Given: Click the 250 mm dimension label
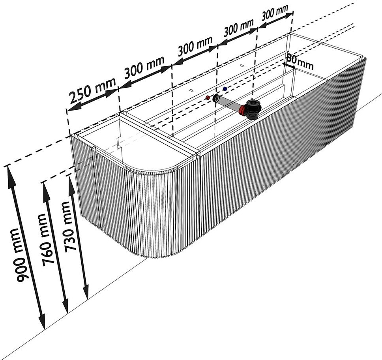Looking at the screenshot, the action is tap(92, 90).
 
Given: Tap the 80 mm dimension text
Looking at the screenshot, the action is tap(300, 62).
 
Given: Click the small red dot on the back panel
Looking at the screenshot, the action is tap(208, 98).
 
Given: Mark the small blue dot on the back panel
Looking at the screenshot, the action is tap(225, 89).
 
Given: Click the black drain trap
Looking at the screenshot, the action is tap(254, 109).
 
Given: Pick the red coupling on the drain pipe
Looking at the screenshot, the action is tap(242, 110).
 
